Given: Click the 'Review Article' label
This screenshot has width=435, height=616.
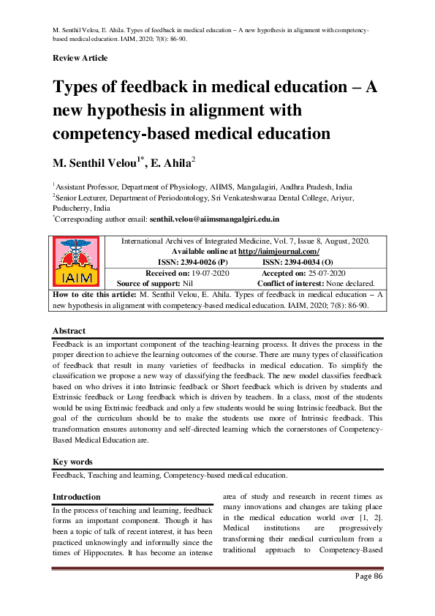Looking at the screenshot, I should pyautogui.click(x=80, y=58).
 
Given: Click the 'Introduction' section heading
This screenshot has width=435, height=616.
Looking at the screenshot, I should pyautogui.click(x=77, y=497).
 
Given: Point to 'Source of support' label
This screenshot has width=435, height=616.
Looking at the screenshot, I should pyautogui.click(x=149, y=282).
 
